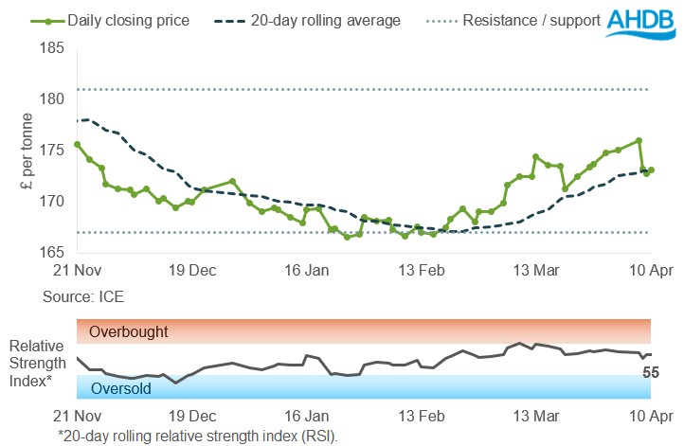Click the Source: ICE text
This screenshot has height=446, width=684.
coord(83,297)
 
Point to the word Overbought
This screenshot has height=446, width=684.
coord(129,332)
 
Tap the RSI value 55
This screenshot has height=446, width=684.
coord(651,372)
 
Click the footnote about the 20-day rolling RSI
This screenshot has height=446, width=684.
coord(198,435)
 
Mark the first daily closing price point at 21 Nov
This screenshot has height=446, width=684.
coord(77,144)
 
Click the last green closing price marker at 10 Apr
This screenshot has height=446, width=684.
coord(651,170)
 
